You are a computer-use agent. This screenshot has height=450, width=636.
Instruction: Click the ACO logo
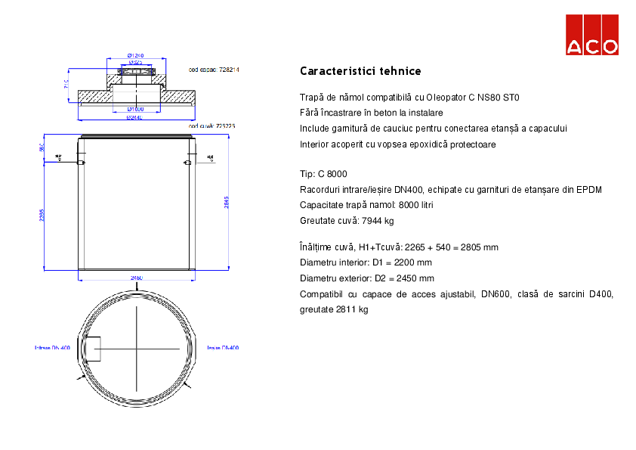click(x=592, y=35)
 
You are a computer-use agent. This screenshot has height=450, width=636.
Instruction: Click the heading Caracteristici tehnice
click(x=360, y=71)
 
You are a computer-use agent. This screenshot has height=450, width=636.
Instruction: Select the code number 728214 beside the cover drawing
click(x=229, y=70)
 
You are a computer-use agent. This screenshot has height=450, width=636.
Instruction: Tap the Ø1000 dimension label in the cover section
click(x=136, y=110)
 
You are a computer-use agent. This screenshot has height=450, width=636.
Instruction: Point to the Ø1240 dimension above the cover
click(x=136, y=55)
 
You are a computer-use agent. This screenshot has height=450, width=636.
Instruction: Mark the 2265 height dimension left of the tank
click(x=43, y=214)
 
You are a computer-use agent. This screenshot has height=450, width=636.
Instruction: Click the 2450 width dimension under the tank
click(x=137, y=278)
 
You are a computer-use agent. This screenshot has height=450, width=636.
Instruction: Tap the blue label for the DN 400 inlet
click(x=52, y=348)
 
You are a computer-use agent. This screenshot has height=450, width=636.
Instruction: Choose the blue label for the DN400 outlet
click(x=223, y=348)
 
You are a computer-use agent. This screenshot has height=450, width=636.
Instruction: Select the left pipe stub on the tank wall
click(x=82, y=162)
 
